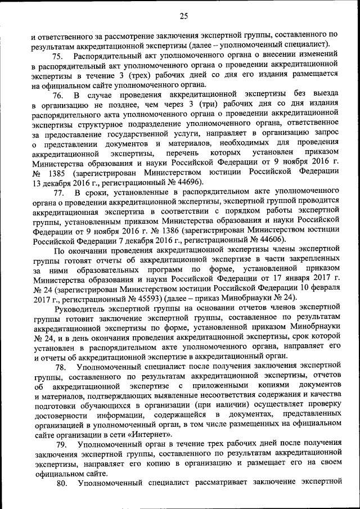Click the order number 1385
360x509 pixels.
coord(60,174)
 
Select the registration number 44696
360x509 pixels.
coord(187,184)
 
